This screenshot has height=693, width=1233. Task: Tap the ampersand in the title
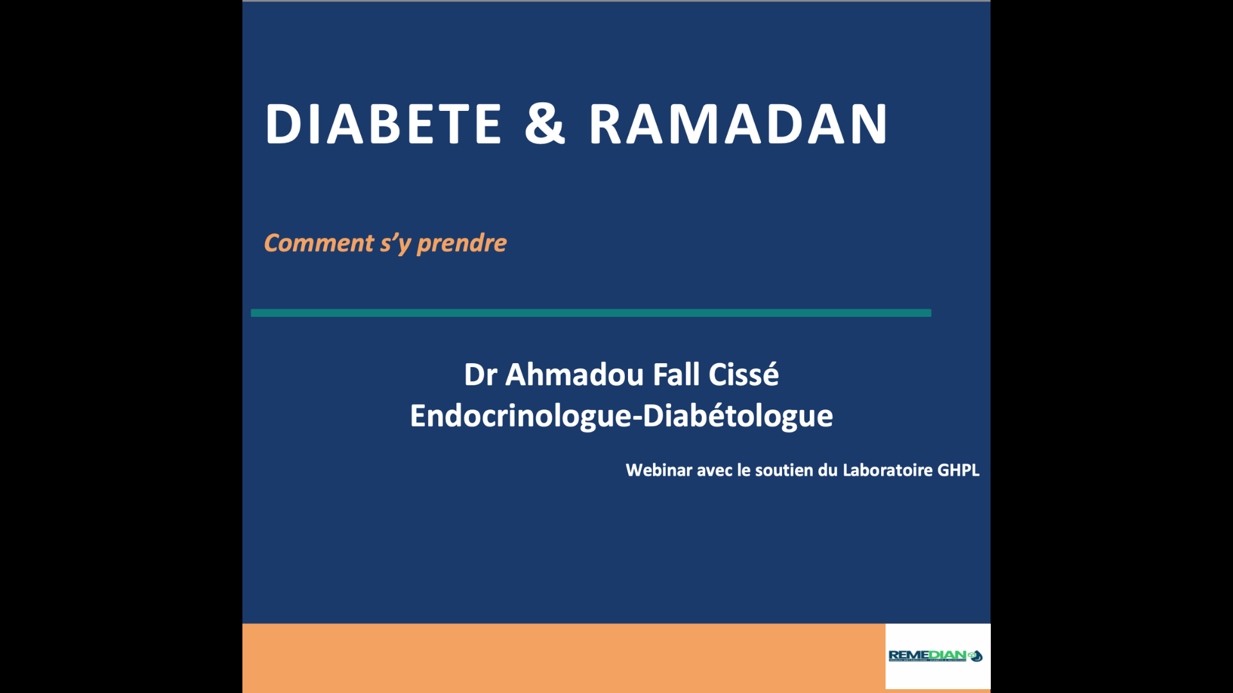point(545,124)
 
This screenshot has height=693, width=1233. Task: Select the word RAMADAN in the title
point(739,124)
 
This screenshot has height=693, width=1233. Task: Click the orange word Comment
point(319,243)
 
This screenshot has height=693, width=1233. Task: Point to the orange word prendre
point(462,243)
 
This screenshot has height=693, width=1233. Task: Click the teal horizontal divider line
point(591,312)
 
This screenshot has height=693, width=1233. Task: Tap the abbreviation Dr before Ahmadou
point(480,375)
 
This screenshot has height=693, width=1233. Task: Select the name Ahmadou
point(574,375)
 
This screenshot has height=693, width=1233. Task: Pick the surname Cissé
point(744,375)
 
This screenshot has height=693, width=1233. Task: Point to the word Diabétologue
point(737,416)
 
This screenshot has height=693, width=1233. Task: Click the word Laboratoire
point(887,470)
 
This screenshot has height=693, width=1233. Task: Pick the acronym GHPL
point(958,470)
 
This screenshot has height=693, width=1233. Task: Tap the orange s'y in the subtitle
point(395,243)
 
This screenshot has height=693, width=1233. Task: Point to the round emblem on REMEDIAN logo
point(975,656)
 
